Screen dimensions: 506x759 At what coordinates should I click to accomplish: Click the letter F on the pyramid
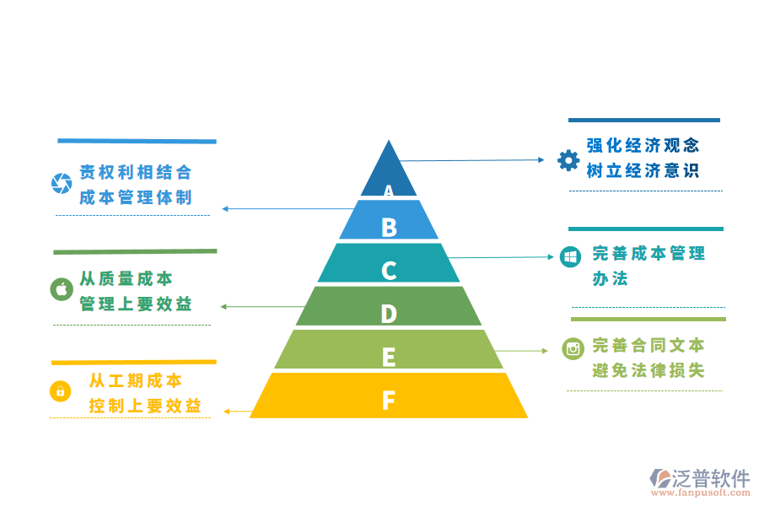point(388,400)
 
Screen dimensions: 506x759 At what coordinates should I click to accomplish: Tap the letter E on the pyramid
point(388,357)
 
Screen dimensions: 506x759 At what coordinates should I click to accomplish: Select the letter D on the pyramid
point(388,314)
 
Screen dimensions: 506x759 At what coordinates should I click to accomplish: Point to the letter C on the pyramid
point(388,271)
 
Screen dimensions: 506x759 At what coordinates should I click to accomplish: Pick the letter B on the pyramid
point(388,227)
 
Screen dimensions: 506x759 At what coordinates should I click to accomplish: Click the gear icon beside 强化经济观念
point(568,159)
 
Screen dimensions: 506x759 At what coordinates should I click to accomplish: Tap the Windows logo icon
point(570,256)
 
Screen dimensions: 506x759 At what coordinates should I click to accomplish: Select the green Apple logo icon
point(62,289)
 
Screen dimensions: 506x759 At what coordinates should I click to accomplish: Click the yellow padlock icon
point(61,391)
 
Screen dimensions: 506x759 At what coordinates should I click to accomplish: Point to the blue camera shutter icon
point(62,182)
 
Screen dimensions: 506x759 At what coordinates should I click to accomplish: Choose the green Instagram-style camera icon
point(573,347)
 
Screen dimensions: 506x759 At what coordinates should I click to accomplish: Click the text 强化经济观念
point(643,145)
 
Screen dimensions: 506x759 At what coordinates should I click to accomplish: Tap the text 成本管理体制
point(136,197)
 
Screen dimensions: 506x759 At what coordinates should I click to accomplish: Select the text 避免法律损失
point(648,370)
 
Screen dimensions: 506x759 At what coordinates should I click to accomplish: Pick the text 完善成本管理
point(648,252)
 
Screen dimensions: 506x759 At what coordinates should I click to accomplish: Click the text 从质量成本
point(126,278)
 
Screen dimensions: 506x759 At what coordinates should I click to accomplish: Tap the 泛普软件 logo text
point(710,479)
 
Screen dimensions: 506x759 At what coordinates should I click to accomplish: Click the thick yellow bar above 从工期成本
point(134,363)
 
